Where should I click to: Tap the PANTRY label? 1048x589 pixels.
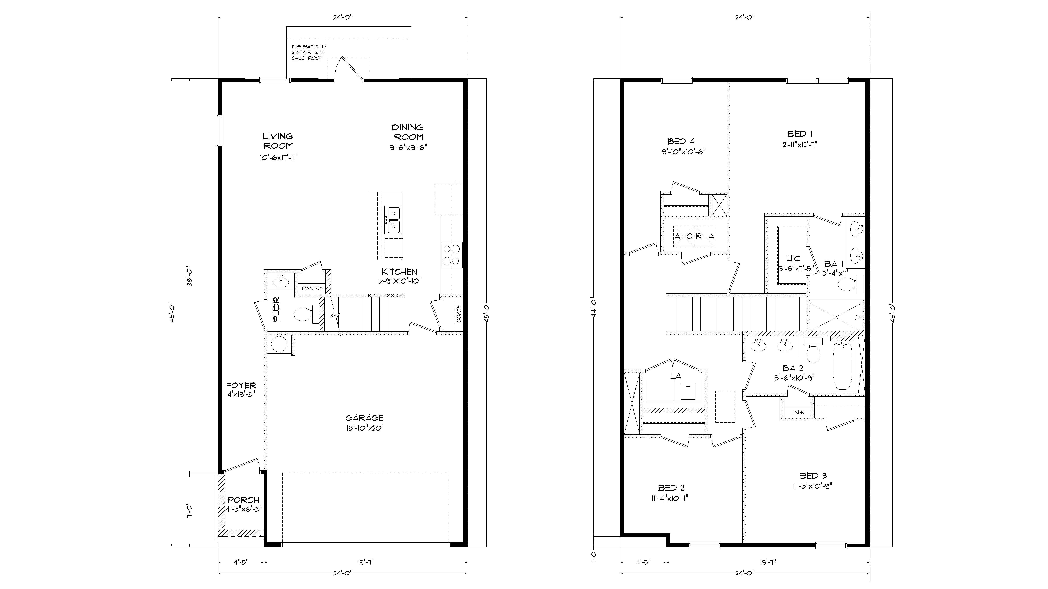coord(312,288)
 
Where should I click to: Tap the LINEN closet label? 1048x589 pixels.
coord(797,412)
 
